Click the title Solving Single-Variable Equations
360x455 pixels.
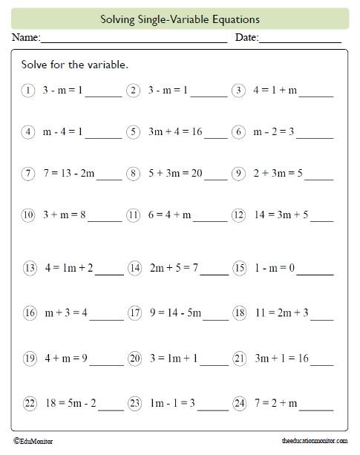click(x=180, y=19)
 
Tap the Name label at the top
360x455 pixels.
click(x=24, y=37)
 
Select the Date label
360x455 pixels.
click(x=246, y=37)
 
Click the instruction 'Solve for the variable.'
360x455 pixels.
click(x=75, y=65)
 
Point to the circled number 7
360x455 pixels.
click(x=28, y=174)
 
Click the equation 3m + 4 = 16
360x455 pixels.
click(x=175, y=132)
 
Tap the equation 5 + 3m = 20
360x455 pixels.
click(x=176, y=174)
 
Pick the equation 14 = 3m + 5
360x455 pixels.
click(x=281, y=216)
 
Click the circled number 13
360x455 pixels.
click(x=30, y=268)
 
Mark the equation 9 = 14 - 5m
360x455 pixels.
click(x=175, y=312)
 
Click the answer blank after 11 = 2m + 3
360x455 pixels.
click(x=322, y=318)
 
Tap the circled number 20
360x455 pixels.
click(x=134, y=359)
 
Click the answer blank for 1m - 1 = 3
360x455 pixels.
click(x=213, y=409)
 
